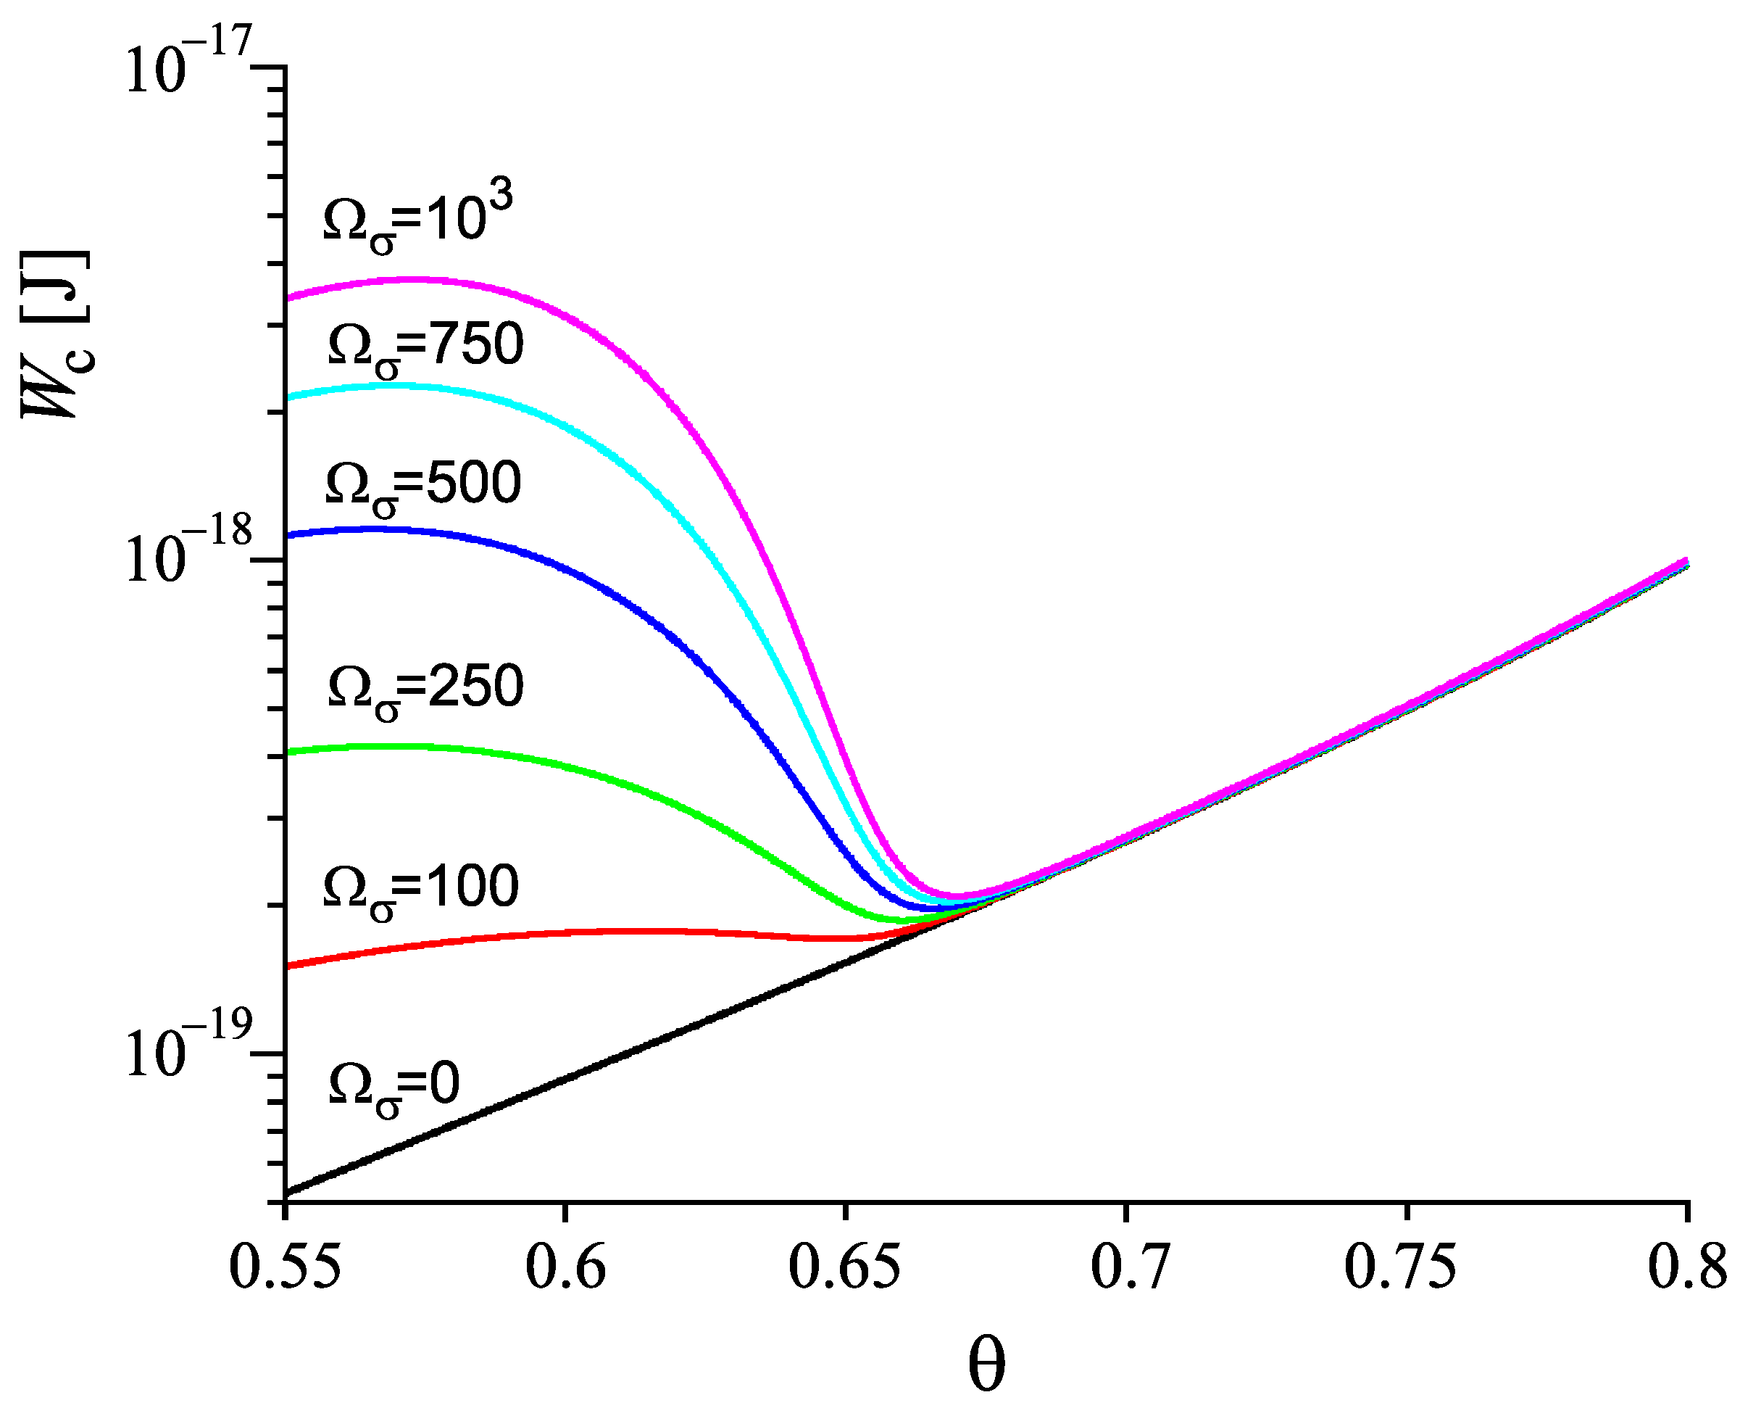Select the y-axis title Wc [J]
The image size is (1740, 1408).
(55, 334)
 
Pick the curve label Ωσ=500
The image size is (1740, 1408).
(422, 486)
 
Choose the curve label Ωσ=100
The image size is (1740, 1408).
(421, 889)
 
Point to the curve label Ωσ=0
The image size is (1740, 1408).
(394, 1087)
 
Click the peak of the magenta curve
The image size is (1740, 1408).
(414, 280)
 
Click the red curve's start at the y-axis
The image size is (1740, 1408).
(287, 966)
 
